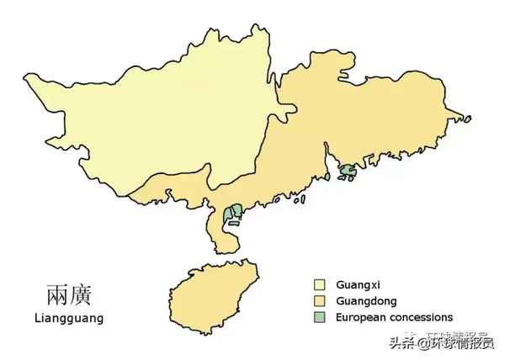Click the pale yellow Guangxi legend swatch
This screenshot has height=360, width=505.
click(320, 284)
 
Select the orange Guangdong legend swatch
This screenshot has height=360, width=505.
click(320, 301)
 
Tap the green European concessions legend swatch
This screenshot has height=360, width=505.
click(320, 318)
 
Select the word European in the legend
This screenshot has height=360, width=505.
click(359, 318)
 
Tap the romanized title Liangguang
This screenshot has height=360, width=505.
click(69, 319)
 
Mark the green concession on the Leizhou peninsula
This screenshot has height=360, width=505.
click(233, 217)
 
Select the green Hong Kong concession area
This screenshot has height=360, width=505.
click(347, 172)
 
